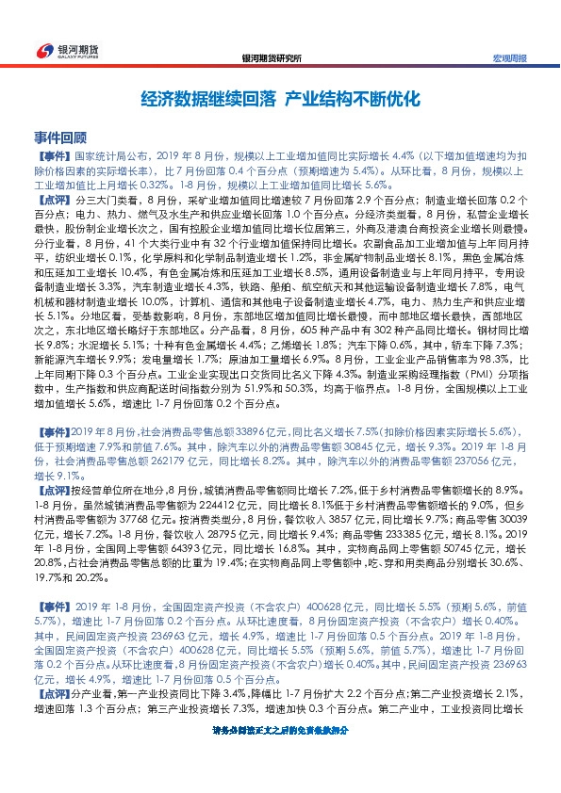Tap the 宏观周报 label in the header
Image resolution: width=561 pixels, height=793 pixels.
(x=510, y=57)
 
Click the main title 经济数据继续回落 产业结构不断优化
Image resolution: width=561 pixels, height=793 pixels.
(x=279, y=98)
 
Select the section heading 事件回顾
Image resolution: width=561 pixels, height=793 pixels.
(x=59, y=136)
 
